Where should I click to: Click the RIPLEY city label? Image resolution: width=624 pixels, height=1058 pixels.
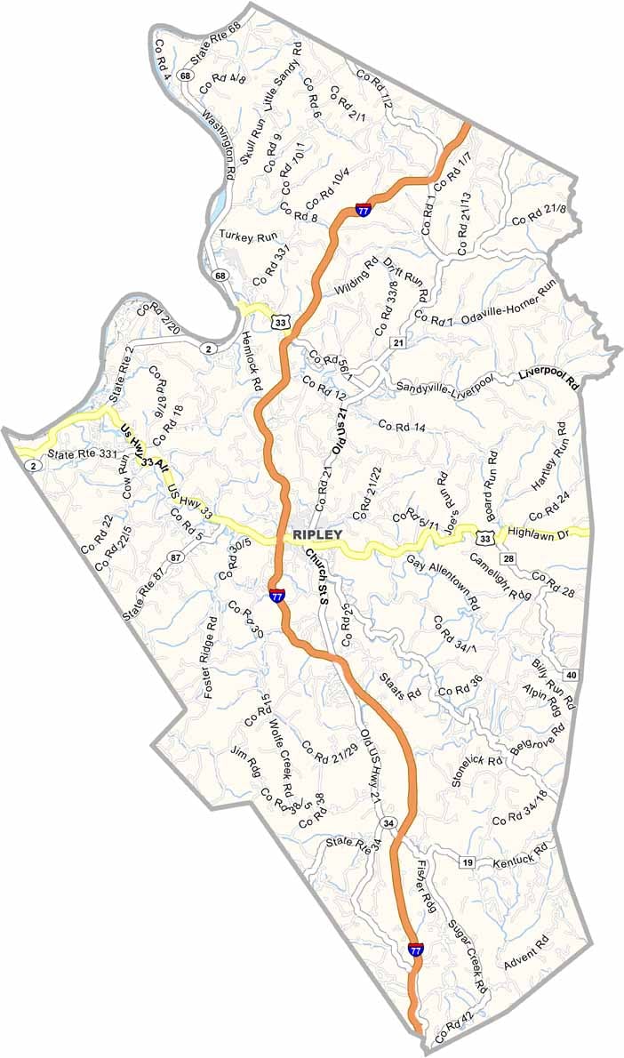(x=316, y=535)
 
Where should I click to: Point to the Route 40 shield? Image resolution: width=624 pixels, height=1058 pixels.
(x=571, y=676)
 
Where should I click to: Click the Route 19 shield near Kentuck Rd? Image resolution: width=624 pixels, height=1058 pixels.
(x=467, y=862)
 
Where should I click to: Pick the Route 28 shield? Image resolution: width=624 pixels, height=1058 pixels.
(x=508, y=558)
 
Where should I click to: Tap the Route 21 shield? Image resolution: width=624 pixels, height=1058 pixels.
(x=398, y=343)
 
